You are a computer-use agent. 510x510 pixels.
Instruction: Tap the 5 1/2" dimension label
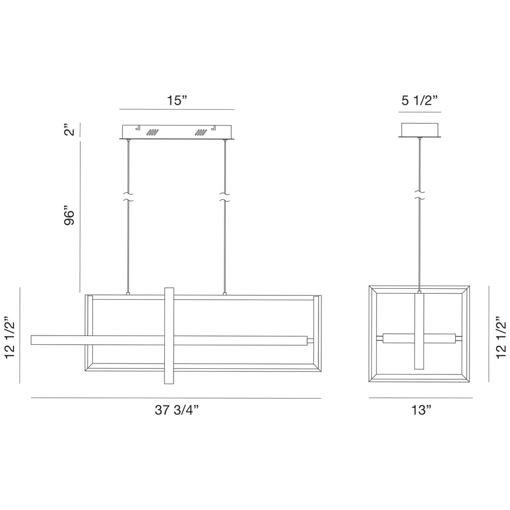coord(419,101)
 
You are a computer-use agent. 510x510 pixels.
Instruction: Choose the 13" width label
coord(421,410)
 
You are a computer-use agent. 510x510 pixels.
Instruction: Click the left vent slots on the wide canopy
coord(152,132)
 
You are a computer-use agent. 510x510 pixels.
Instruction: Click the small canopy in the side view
coord(420,130)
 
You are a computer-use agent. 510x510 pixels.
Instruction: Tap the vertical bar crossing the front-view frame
coord(169,336)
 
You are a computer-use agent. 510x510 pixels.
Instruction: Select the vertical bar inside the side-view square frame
coord(420,331)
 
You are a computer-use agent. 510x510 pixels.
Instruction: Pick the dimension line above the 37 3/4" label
coord(176,398)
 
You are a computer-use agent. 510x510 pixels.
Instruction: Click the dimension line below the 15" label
coord(177,110)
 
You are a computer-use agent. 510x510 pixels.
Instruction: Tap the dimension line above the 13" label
coord(421,398)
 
